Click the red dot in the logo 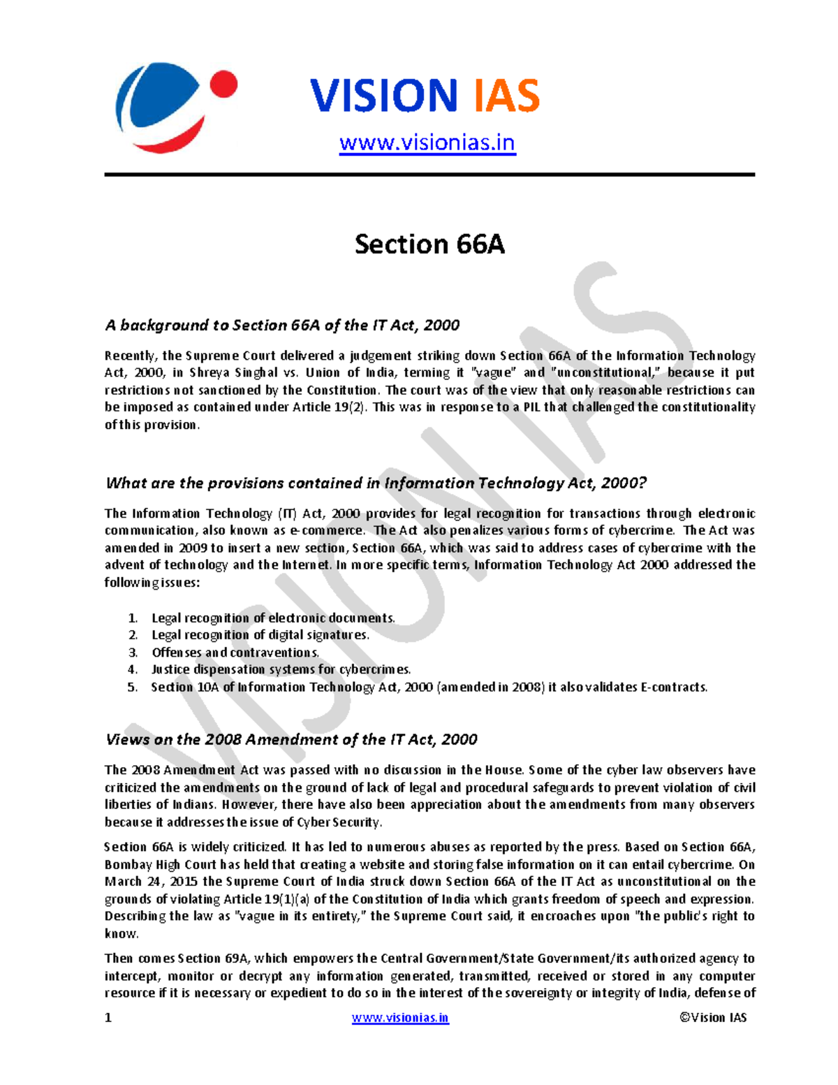[x=223, y=86]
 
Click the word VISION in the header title [x=383, y=96]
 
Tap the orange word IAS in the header [x=507, y=96]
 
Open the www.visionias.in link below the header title [x=427, y=143]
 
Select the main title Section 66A [x=429, y=245]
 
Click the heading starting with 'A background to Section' [x=282, y=325]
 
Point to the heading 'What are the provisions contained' [x=376, y=483]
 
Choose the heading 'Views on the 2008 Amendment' [x=291, y=739]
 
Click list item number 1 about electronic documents [x=273, y=618]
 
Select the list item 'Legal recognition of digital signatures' [x=260, y=635]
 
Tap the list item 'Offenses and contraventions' [x=235, y=653]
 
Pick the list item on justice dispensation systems [x=281, y=669]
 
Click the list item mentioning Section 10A [x=429, y=687]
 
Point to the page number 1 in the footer [x=108, y=1018]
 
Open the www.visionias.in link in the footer [x=400, y=1018]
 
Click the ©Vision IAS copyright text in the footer [x=713, y=1018]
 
